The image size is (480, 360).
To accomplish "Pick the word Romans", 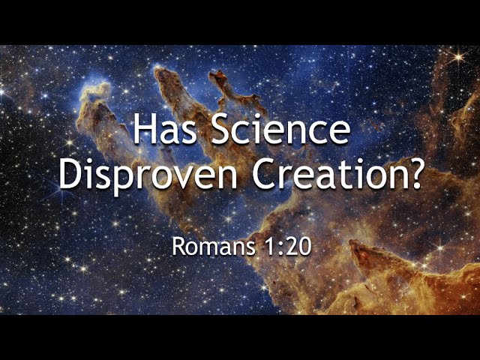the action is [x=213, y=247].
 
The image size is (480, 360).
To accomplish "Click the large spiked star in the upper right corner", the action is [x=458, y=57].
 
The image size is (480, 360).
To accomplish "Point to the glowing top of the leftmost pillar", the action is [x=95, y=88].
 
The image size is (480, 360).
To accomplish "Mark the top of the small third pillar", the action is [x=218, y=74].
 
